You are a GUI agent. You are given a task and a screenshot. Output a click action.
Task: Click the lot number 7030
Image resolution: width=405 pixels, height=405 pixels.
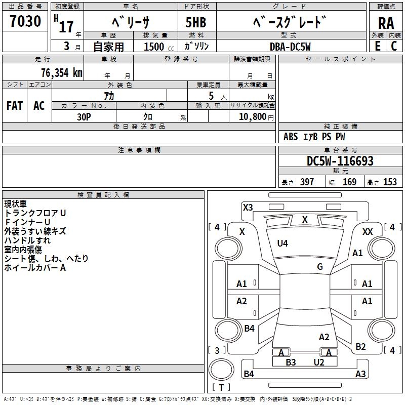click(x=25, y=21)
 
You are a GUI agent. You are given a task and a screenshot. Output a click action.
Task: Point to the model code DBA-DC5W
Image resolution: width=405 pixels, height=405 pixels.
click(x=290, y=47)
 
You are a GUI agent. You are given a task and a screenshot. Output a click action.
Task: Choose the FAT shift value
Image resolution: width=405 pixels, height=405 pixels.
click(x=15, y=106)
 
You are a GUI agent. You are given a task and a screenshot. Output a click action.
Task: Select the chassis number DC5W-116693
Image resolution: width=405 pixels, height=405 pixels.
click(x=340, y=161)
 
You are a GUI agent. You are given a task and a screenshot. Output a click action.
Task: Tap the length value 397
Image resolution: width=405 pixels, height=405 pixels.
click(x=307, y=182)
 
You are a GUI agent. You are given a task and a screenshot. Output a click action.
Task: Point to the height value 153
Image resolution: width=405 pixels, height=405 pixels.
click(x=390, y=182)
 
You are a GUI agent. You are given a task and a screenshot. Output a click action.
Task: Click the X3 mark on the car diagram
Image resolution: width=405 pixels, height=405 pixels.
click(x=248, y=207)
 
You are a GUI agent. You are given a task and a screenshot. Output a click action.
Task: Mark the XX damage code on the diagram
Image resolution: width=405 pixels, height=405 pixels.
click(x=368, y=231)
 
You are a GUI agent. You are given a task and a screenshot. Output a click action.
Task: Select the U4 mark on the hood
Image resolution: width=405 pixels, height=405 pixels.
click(x=282, y=244)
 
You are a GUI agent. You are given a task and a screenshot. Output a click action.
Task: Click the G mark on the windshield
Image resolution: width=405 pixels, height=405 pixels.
click(x=320, y=267)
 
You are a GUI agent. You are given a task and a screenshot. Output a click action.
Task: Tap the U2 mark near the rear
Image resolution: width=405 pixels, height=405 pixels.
click(x=319, y=362)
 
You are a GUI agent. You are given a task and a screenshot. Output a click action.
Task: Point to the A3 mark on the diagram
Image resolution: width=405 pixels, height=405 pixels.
click(x=360, y=374)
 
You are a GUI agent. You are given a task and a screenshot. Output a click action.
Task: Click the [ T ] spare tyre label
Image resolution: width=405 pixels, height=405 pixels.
click(x=221, y=387)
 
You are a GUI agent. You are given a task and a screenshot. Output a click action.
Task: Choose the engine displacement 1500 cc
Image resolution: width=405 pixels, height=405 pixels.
click(x=158, y=47)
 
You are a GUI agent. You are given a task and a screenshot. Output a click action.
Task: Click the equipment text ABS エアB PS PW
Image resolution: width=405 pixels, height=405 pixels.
click(x=314, y=137)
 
